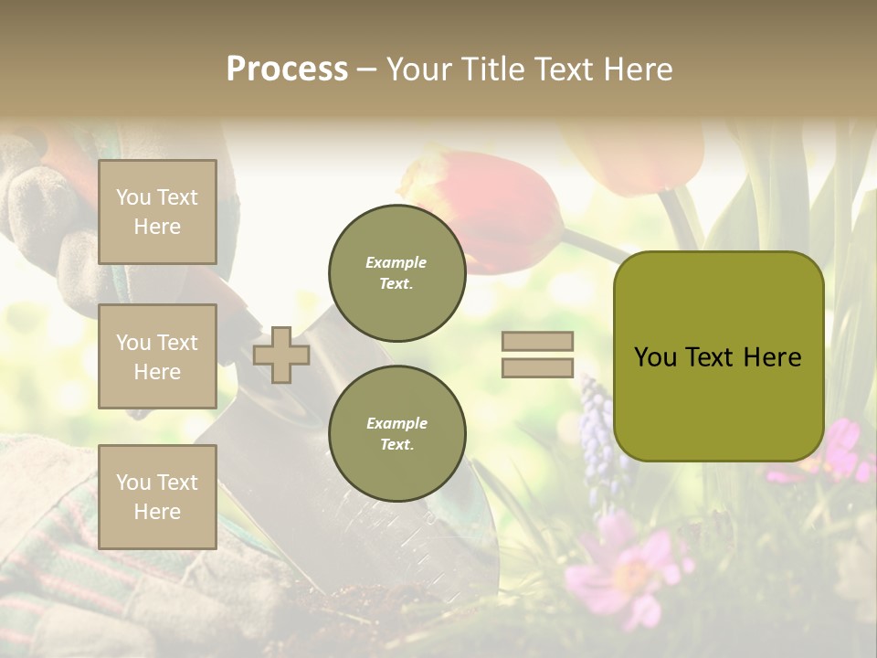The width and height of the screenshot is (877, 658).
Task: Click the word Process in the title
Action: click(x=287, y=69)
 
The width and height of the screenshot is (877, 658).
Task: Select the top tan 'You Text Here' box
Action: click(x=157, y=212)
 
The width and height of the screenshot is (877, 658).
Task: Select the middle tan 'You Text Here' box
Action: click(x=157, y=356)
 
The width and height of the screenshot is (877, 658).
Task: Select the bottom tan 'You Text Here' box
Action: click(x=157, y=497)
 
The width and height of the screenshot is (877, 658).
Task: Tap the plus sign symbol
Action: click(x=281, y=355)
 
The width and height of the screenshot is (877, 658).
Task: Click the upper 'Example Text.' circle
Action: click(x=396, y=273)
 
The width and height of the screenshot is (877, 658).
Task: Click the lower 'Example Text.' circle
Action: click(x=396, y=434)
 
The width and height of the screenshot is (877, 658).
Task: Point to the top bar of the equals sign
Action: click(x=537, y=342)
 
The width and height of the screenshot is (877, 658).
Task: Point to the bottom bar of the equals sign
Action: click(x=537, y=368)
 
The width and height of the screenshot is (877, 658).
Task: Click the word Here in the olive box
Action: click(x=772, y=357)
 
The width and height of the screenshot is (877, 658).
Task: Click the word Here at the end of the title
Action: click(x=639, y=69)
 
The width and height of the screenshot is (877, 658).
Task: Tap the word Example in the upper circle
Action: click(x=396, y=262)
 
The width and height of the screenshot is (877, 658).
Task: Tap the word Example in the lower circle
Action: click(x=396, y=423)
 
